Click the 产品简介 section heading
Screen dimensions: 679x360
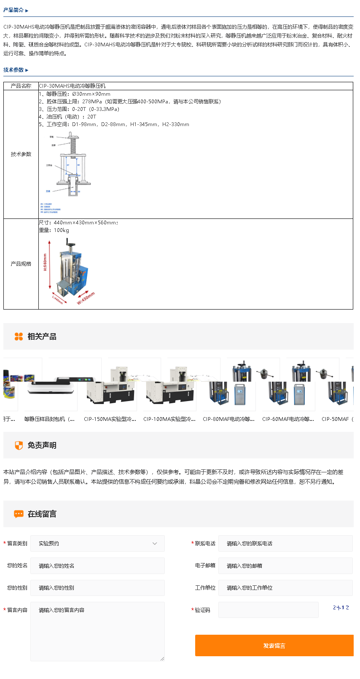[14, 10]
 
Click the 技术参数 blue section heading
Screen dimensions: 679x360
[14, 70]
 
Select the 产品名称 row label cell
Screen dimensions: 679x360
[21, 86]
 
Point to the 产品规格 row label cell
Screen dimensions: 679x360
[21, 264]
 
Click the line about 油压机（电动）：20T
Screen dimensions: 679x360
[68, 117]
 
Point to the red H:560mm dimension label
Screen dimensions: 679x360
[45, 262]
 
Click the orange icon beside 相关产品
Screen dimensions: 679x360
[19, 337]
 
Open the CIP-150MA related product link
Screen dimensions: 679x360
[110, 419]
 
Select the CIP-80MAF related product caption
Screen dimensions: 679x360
[229, 419]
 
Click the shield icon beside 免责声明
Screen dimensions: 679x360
[19, 445]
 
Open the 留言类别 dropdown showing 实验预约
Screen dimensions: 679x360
[97, 544]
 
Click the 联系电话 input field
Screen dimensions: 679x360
[285, 544]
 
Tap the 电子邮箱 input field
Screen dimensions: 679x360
[285, 566]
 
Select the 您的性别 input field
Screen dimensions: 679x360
[97, 588]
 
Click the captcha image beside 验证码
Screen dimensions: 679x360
[341, 608]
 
